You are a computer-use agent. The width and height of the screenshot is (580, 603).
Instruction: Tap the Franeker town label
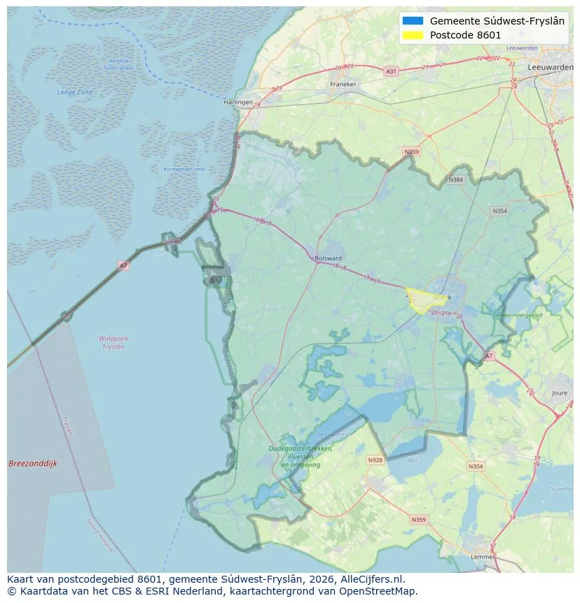[x=343, y=84]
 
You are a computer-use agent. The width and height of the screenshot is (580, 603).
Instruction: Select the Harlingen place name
[x=237, y=102]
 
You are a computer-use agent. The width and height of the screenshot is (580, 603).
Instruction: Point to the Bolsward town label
[x=329, y=258]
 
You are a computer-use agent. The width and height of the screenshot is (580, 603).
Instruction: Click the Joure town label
[x=559, y=394]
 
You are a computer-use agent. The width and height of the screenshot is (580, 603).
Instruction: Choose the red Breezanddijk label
[x=33, y=464]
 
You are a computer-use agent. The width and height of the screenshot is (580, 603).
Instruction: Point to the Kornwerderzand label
[x=184, y=169]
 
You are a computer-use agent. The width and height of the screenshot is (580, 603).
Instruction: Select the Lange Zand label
[x=74, y=92]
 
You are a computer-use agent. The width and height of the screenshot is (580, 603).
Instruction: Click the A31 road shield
[x=391, y=71]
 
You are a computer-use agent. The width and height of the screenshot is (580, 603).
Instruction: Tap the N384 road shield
[x=456, y=180]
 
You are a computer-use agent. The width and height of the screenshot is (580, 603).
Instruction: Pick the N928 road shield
[x=375, y=460]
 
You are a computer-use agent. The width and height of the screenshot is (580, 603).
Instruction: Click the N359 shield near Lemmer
[x=418, y=520]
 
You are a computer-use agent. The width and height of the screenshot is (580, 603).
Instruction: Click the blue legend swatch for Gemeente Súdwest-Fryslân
[x=413, y=21]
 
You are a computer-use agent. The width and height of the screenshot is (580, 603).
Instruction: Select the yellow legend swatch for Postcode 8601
[x=413, y=35]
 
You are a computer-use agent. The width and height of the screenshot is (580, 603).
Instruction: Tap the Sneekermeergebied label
[x=518, y=316]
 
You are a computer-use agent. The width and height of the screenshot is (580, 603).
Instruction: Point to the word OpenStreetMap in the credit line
[x=382, y=591]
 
